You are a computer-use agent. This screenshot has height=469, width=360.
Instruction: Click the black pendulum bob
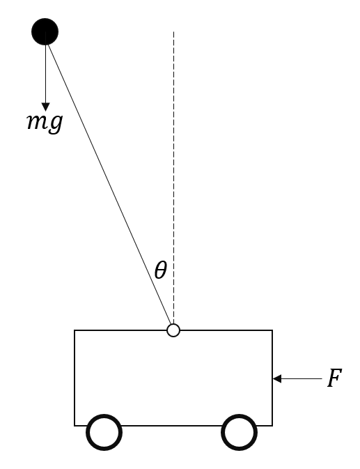tap(45, 31)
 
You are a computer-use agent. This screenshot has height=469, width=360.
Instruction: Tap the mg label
tap(45, 123)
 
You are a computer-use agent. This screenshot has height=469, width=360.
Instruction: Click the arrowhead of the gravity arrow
tap(46, 107)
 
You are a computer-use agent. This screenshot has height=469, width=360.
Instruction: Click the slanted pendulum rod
tap(109, 185)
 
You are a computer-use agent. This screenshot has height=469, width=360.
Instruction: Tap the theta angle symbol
tap(160, 270)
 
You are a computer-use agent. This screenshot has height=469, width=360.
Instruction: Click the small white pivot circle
tap(173, 330)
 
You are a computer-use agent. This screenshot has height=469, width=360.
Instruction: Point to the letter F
tap(334, 378)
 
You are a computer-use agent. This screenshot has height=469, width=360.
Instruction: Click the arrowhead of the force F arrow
tap(277, 378)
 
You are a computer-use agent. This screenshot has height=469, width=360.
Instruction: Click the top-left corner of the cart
tap(75, 330)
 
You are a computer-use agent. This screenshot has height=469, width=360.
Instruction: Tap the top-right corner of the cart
tap(272, 330)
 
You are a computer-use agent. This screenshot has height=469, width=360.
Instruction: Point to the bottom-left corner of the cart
tap(75, 425)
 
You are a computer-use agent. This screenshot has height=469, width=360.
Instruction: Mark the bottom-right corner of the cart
tap(272, 425)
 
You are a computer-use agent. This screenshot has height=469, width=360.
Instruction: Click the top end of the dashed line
tap(173, 31)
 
